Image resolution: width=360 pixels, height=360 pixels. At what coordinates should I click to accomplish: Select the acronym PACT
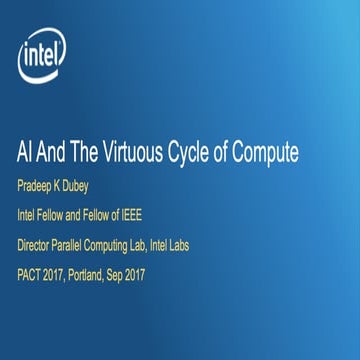click(32, 272)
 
